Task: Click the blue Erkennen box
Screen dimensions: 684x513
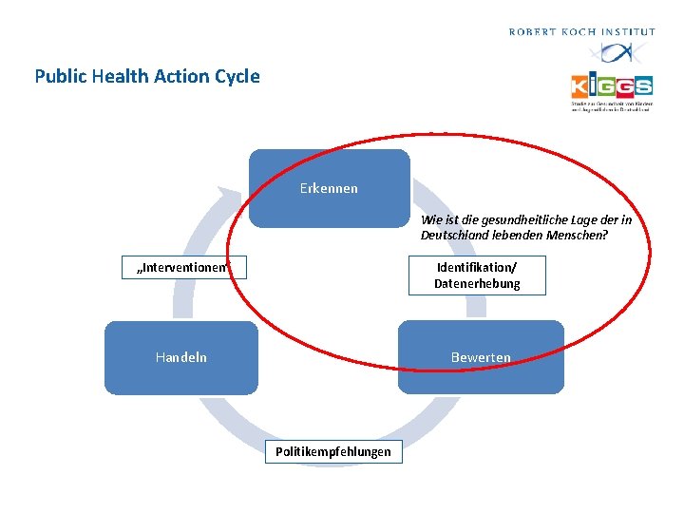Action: [x=329, y=188]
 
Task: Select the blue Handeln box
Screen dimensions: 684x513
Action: [x=180, y=357]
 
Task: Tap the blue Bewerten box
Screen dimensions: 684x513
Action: [x=481, y=357]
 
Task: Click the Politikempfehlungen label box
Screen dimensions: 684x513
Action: [x=332, y=452]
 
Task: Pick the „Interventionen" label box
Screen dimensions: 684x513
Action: [x=184, y=268]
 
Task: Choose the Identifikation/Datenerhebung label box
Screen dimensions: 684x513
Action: [x=477, y=275]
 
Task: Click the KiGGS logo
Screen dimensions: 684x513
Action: [x=612, y=87]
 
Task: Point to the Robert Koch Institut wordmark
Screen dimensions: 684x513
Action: [x=581, y=32]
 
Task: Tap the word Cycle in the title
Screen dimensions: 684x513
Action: [x=237, y=76]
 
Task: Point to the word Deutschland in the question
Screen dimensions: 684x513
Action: [x=454, y=235]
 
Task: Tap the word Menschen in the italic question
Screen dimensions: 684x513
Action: [x=577, y=235]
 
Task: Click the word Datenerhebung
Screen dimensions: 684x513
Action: [x=477, y=284]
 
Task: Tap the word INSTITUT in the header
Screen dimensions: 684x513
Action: [x=630, y=32]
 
